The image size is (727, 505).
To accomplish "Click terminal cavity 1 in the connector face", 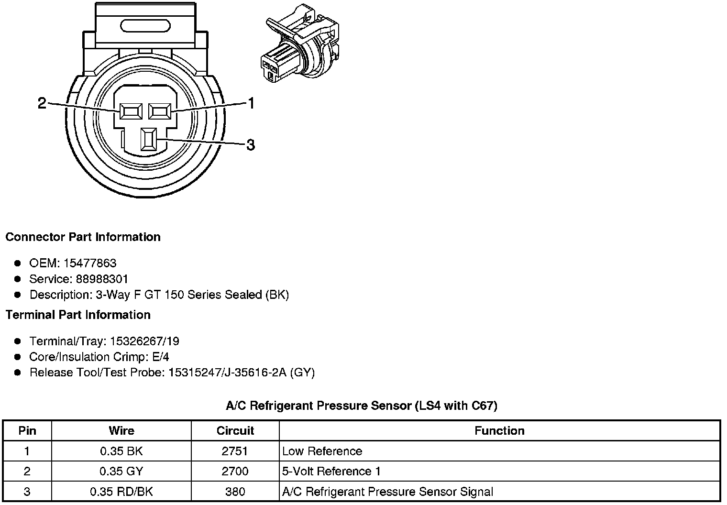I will tap(160, 111).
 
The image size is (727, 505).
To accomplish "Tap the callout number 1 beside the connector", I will tap(250, 103).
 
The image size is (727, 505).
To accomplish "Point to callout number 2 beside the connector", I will tap(42, 103).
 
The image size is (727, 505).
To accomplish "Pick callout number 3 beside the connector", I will tap(250, 144).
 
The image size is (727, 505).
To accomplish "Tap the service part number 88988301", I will tap(102, 279).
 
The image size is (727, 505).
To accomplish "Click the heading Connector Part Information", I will tap(83, 237).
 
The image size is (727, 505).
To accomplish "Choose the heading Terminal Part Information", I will tap(78, 315).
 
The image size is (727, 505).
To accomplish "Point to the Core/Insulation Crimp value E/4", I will tap(159, 357).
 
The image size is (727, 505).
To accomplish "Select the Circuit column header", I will tap(235, 431).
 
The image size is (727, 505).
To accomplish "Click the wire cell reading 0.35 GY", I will tap(121, 472).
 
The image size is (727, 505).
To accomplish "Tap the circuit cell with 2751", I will tap(235, 451).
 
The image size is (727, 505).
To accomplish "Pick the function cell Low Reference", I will tap(322, 451).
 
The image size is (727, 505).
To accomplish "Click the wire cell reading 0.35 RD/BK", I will tap(121, 492).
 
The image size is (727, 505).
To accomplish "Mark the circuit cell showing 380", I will tap(235, 492).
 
